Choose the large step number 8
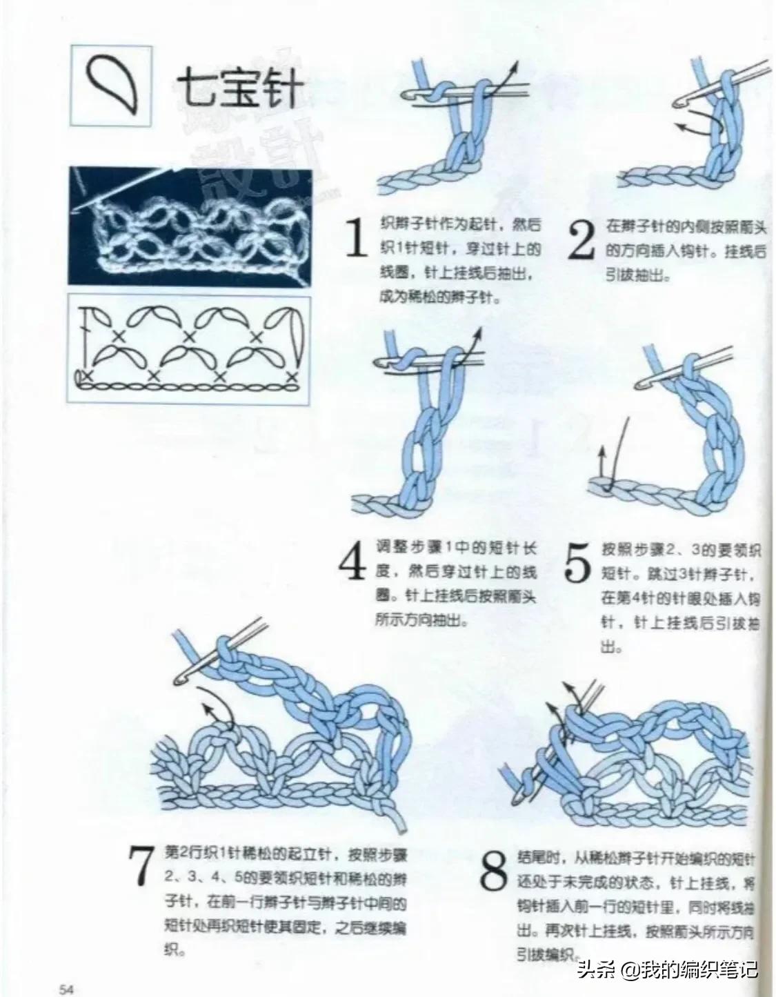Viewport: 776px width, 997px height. [494, 872]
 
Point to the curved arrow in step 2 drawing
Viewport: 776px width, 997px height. [697, 124]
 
